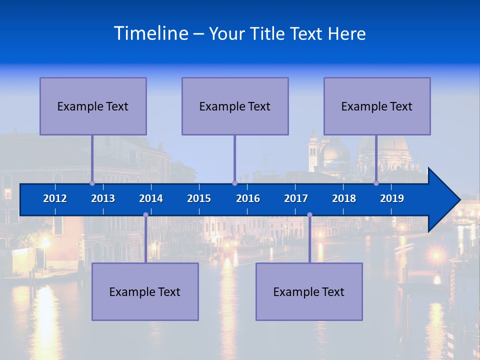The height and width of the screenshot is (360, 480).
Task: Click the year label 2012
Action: pos(55,198)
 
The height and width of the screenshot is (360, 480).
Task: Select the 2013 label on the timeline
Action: pos(103,198)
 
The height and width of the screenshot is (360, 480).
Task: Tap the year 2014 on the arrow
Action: pos(151,198)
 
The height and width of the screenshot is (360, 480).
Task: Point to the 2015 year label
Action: pos(199,198)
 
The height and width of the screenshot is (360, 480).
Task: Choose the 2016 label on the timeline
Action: pos(248,198)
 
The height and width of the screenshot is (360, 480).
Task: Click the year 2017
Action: pos(296,198)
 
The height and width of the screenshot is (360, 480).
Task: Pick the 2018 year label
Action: pos(344,198)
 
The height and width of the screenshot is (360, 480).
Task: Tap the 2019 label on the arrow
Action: pos(392,198)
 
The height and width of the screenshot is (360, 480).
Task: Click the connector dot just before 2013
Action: pos(92,183)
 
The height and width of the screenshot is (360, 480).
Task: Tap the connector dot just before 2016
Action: pos(234,183)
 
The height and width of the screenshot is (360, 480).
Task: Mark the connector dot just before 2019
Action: pos(376,183)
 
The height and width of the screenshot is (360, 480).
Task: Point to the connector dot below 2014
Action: pos(145,215)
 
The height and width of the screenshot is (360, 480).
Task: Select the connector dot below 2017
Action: pos(309,215)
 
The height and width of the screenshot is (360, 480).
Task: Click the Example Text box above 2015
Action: pos(235,106)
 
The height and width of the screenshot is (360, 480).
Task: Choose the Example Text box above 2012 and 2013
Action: pos(93,106)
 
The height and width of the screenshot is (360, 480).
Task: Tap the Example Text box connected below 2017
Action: pos(309,291)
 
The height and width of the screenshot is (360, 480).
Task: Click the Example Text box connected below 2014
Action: pos(145,291)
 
